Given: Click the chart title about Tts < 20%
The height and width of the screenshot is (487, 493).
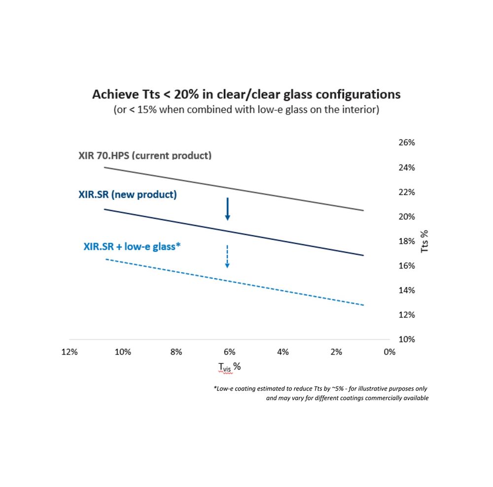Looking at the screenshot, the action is [246, 95].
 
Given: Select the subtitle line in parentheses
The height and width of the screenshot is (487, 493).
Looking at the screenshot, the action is [246, 110].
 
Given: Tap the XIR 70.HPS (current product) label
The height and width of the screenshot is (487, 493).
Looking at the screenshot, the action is [145, 156].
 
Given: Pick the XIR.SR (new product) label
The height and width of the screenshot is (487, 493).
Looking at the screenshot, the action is [128, 195].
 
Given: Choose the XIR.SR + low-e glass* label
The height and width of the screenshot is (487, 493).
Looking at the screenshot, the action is [132, 247].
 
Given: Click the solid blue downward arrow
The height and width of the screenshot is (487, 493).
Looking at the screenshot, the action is [228, 209].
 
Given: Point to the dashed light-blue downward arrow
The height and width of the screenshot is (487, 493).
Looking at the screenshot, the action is [227, 257].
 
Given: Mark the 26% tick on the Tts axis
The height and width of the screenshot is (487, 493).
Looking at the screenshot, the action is [407, 142].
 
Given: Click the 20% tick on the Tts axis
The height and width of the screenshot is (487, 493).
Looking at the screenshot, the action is [407, 217].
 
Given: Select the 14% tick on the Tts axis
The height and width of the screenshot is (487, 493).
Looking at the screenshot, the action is [407, 290].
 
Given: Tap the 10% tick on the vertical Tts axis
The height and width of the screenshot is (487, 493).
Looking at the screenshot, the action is [407, 339].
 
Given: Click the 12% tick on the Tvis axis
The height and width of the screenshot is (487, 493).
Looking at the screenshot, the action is [70, 352].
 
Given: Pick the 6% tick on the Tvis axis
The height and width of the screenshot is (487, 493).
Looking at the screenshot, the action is [230, 352].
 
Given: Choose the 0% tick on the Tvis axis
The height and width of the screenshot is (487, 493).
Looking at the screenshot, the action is [389, 352].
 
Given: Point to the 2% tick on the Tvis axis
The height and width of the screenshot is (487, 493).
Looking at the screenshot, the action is [336, 352].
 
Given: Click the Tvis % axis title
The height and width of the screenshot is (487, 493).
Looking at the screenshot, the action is [230, 367].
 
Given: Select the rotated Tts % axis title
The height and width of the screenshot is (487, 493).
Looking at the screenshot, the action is [424, 241].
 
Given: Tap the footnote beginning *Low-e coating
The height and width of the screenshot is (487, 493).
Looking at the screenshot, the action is [321, 393].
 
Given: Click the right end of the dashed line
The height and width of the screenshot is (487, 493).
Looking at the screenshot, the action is [364, 305].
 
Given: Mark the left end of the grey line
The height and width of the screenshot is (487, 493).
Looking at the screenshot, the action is [105, 168].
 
